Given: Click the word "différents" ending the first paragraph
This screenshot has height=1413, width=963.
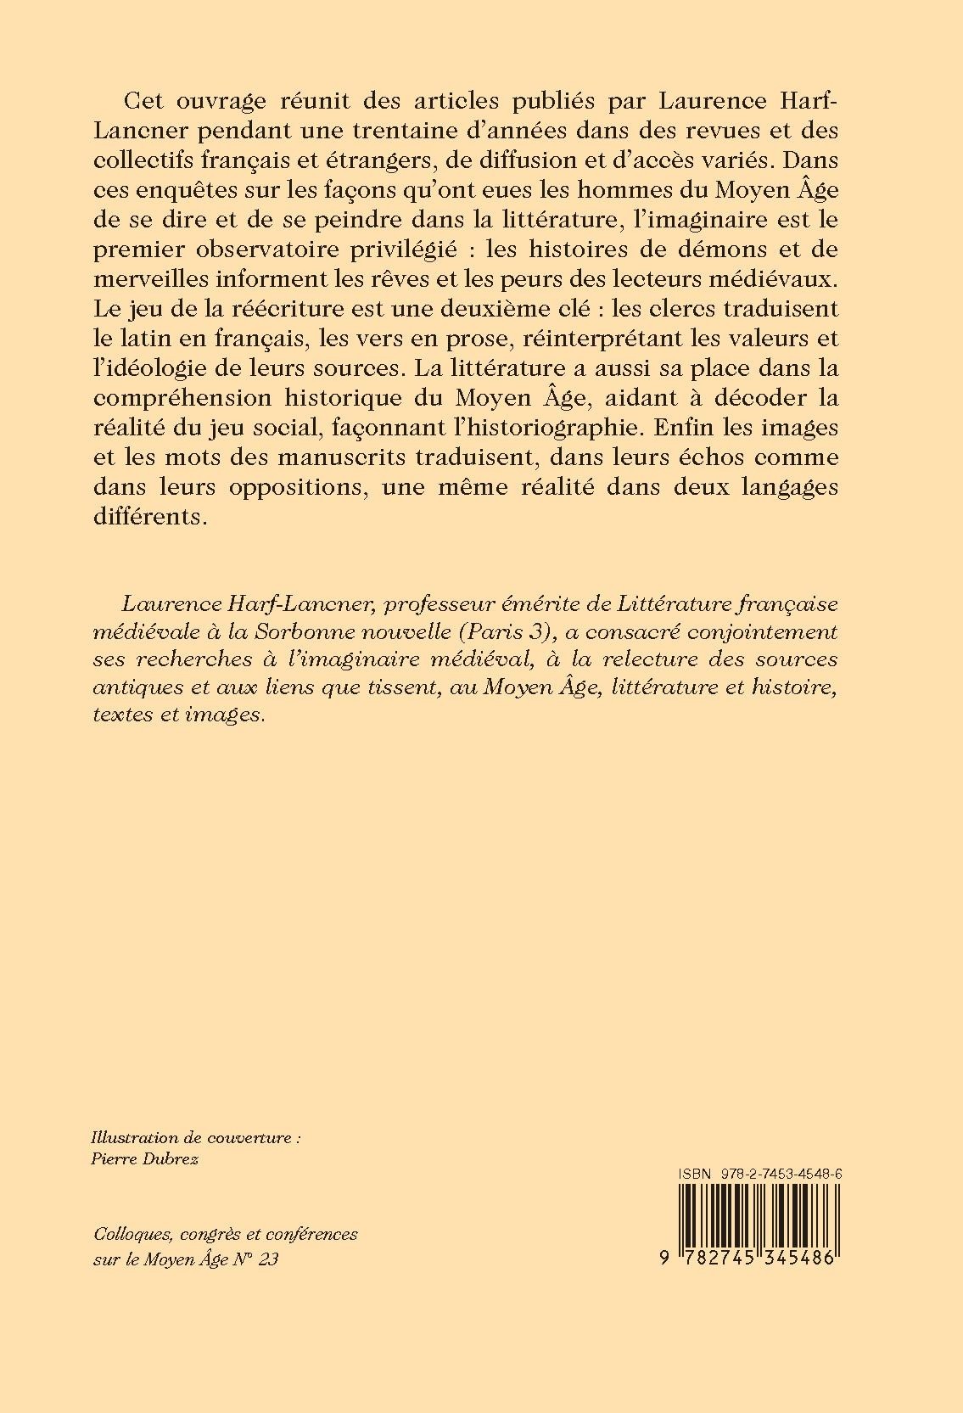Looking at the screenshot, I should (149, 517).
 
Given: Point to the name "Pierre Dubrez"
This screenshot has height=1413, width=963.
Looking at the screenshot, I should (144, 1158).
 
